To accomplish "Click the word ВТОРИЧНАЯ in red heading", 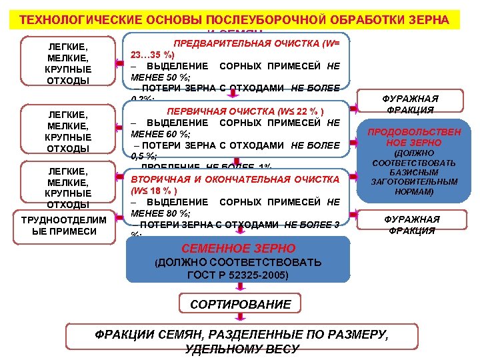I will [x=161, y=179].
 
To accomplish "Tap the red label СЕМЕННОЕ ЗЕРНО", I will [x=238, y=249].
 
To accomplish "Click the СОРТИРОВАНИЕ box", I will [x=240, y=305].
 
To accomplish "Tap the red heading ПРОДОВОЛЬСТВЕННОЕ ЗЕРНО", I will [x=413, y=137].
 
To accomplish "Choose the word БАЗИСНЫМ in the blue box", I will [x=413, y=172].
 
